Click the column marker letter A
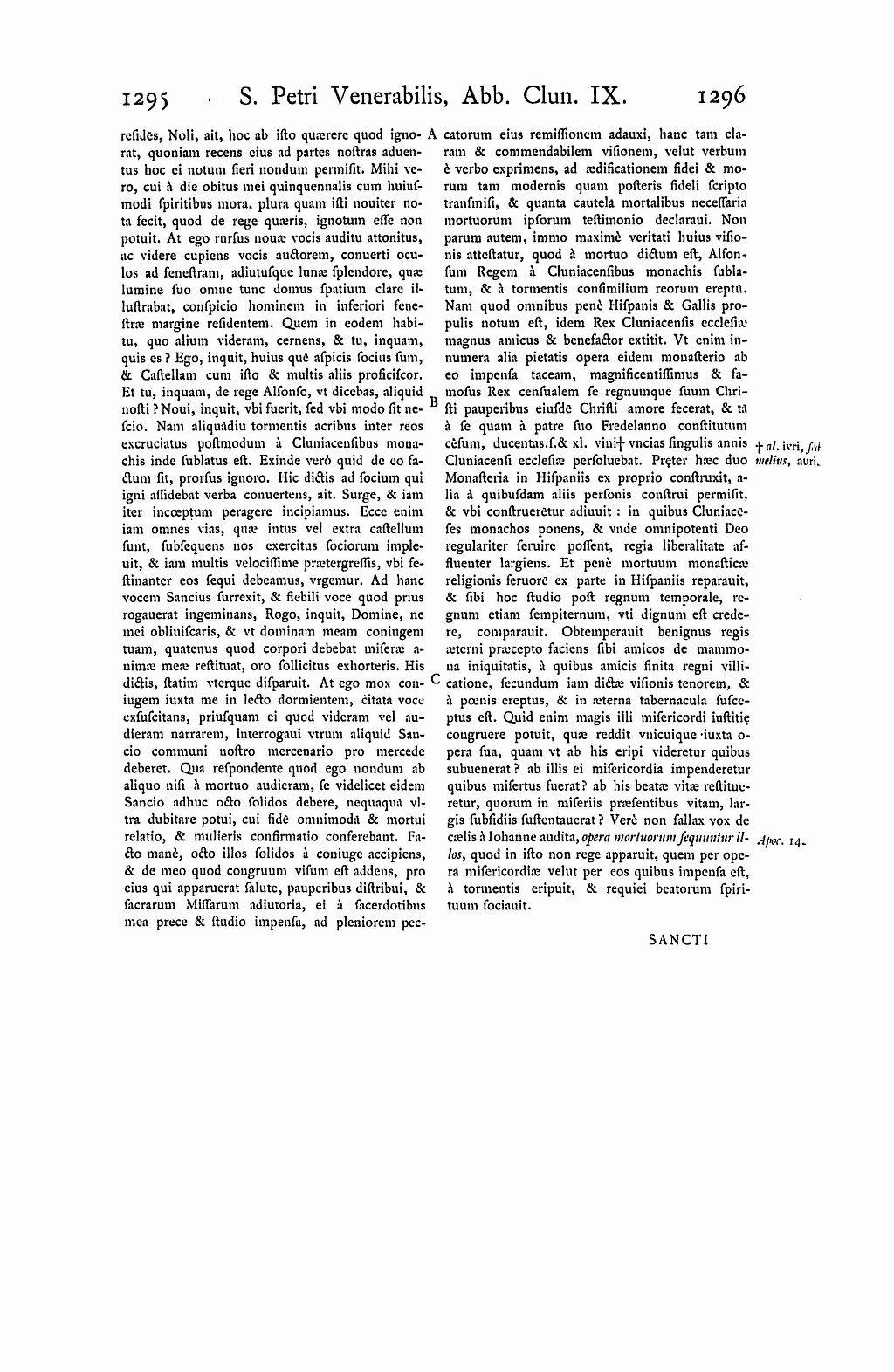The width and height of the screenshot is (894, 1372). coord(434,136)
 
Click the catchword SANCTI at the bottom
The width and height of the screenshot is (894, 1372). coord(677,940)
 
